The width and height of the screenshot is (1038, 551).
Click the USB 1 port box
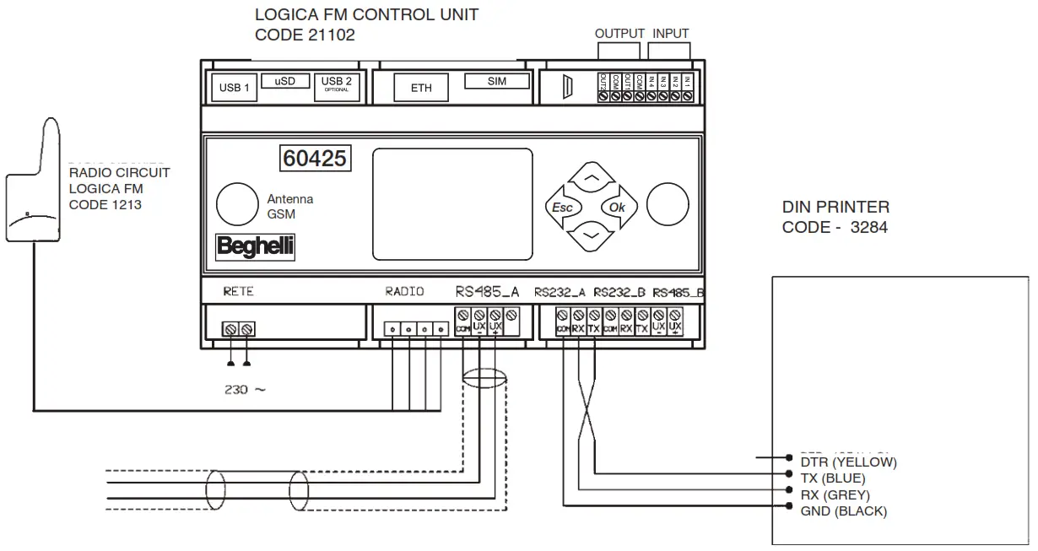pos(235,88)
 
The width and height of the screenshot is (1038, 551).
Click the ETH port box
pos(421,88)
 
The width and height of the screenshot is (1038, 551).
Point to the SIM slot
pos(497,82)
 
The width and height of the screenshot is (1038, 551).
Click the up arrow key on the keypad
pos(592,180)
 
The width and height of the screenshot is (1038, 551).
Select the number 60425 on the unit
pos(315,158)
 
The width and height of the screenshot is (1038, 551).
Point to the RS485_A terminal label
pos(488,292)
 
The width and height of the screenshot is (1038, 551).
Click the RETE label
pos(238,292)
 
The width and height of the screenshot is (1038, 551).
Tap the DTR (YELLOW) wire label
pos(847,462)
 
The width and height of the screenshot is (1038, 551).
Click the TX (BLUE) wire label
pos(833,478)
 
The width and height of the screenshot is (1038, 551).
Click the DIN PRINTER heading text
pos(835,208)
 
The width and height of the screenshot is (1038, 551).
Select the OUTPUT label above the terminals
pos(619,34)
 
